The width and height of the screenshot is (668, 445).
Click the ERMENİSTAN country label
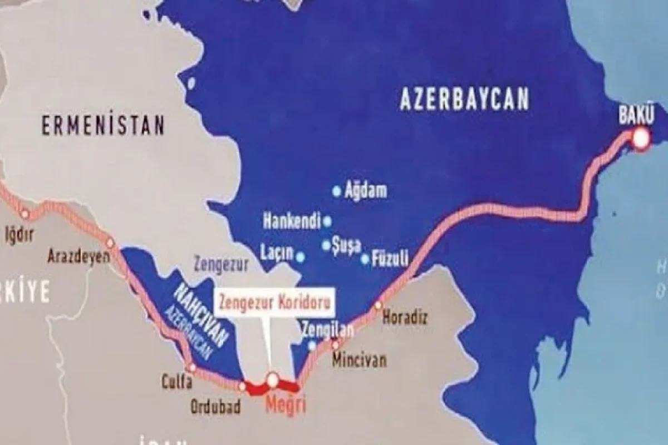pyautogui.click(x=104, y=126)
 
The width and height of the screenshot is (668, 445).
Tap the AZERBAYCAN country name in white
pyautogui.click(x=464, y=101)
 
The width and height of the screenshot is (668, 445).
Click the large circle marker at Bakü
pyautogui.click(x=641, y=139)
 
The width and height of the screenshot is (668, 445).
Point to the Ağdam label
pyautogui.click(x=366, y=191)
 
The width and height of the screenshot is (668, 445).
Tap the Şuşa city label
pyautogui.click(x=346, y=245)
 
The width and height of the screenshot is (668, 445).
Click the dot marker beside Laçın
pyautogui.click(x=301, y=256)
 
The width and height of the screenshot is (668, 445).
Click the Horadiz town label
pyautogui.click(x=405, y=318)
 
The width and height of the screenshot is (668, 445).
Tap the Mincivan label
pyautogui.click(x=359, y=360)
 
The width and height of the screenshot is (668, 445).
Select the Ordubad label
pyautogui.click(x=216, y=407)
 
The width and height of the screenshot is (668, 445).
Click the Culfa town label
pyautogui.click(x=177, y=382)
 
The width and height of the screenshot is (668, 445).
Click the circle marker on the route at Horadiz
pyautogui.click(x=379, y=305)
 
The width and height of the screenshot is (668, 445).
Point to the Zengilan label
pyautogui.click(x=327, y=330)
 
